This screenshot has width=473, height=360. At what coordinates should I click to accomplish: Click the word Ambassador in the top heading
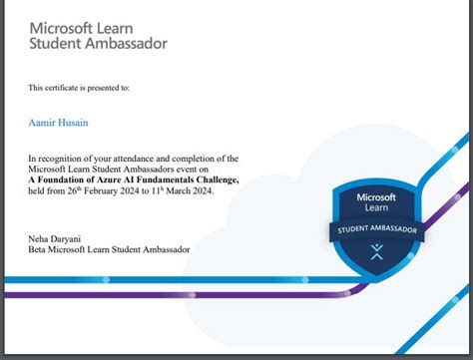(130, 44)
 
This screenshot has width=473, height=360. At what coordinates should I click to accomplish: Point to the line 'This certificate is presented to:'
(79, 88)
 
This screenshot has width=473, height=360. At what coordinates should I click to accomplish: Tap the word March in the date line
(187, 192)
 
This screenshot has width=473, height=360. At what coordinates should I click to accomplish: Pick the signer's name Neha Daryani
(56, 240)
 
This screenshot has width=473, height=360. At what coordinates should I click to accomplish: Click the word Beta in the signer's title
(38, 251)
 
